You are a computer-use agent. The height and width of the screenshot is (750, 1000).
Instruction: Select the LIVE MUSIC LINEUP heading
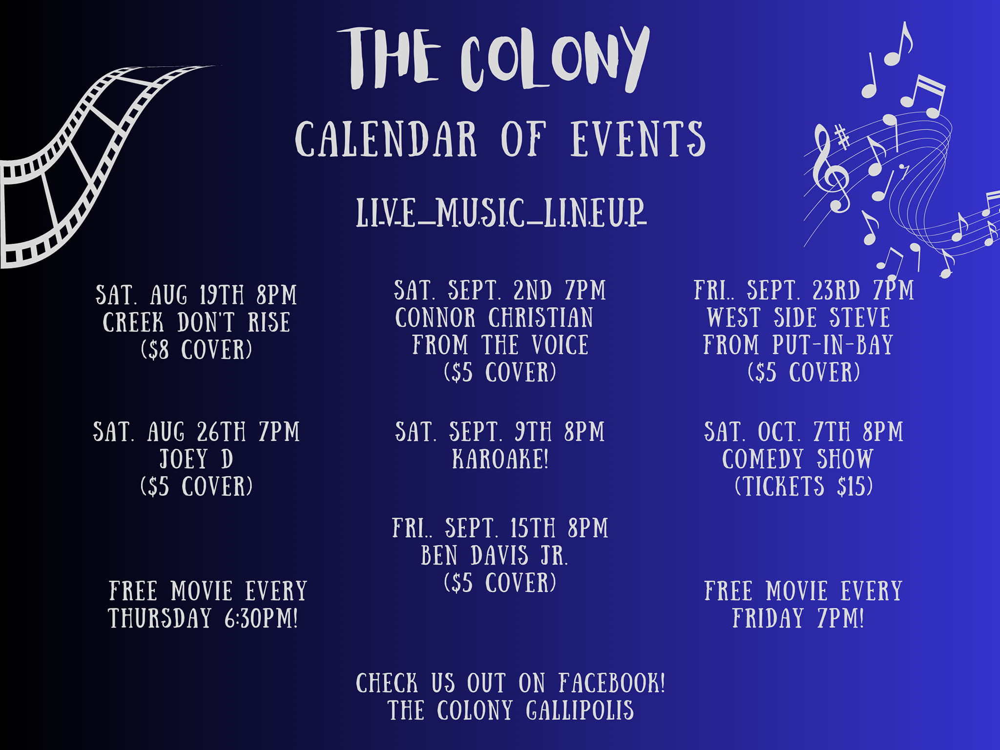(501, 213)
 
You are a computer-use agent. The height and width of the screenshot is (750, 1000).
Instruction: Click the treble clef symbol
(831, 168)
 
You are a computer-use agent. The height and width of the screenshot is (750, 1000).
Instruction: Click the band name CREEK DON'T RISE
(196, 322)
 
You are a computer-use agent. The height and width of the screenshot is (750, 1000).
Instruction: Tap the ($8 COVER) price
(196, 350)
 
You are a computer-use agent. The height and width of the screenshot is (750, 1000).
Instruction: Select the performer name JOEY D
(196, 459)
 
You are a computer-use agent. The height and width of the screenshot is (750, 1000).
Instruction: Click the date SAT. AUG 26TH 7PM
(196, 432)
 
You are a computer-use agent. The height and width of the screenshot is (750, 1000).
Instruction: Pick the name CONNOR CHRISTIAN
(494, 317)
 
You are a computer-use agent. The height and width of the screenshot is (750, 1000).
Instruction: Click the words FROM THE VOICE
(500, 345)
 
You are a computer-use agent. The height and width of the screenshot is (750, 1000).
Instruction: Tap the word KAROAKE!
(500, 459)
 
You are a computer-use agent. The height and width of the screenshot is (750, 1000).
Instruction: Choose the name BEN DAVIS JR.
(495, 556)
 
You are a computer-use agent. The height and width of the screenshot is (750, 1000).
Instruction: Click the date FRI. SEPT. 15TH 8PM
(500, 528)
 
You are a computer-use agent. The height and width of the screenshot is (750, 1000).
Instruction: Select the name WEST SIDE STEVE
(799, 317)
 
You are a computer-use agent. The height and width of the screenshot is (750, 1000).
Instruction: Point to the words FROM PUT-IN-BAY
(798, 345)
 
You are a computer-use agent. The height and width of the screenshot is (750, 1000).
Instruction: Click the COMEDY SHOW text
(797, 459)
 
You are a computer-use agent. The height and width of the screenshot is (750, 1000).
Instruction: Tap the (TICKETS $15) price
(804, 486)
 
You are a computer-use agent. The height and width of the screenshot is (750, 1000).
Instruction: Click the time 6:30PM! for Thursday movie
(261, 618)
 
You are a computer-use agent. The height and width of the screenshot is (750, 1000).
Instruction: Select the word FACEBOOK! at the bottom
(612, 683)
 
